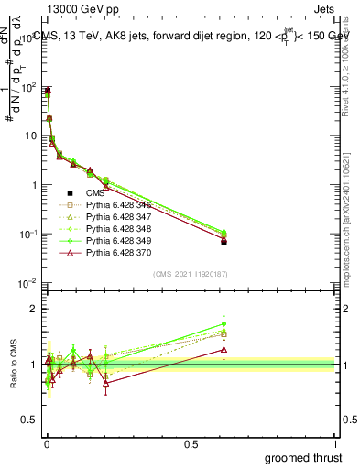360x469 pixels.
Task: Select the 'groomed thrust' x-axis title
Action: (304, 457)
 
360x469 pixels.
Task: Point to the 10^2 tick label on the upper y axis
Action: (27, 88)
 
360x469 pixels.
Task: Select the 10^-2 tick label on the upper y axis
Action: (27, 283)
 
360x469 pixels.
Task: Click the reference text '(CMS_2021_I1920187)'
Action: (190, 273)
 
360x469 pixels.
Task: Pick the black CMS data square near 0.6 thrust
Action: (224, 242)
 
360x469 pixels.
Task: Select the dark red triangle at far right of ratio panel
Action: (224, 350)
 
